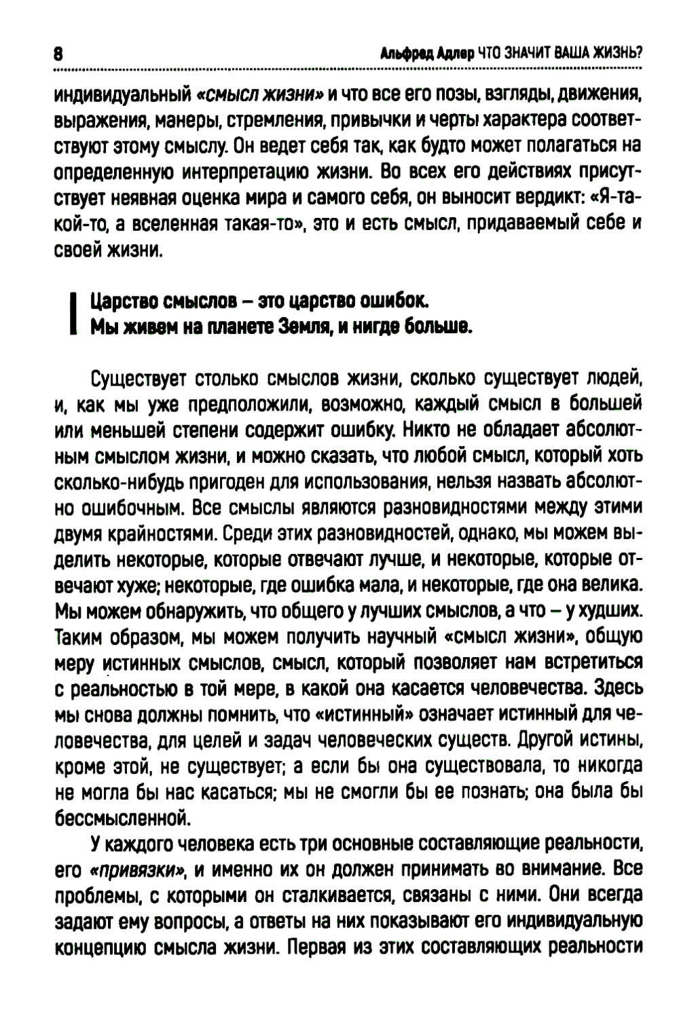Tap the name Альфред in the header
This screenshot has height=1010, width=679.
tap(406, 54)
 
